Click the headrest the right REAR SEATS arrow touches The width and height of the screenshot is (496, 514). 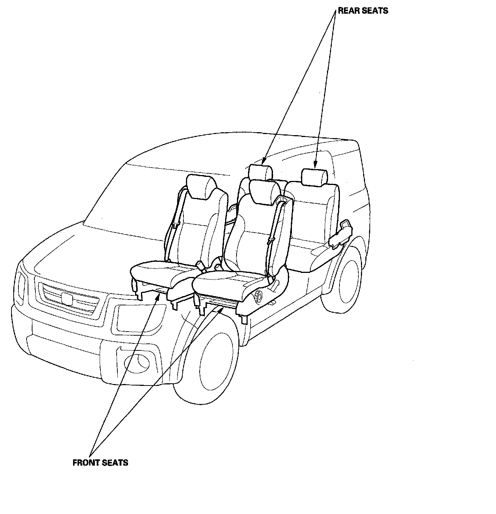pos(314,177)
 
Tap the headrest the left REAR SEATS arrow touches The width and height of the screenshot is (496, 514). pos(261,171)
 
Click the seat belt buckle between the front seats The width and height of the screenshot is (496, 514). pos(201,265)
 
